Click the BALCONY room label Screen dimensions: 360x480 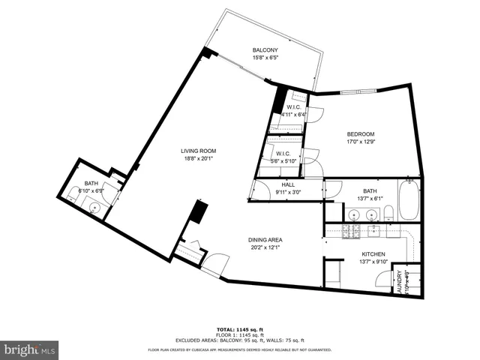265,51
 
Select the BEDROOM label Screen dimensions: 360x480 360,134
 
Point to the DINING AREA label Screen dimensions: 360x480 265,240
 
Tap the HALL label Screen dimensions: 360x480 288,184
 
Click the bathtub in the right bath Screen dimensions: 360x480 409,201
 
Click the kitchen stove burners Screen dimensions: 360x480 352,231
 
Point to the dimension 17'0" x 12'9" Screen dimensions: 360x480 360,142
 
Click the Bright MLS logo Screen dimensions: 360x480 30,349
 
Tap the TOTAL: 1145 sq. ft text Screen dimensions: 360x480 239,328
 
